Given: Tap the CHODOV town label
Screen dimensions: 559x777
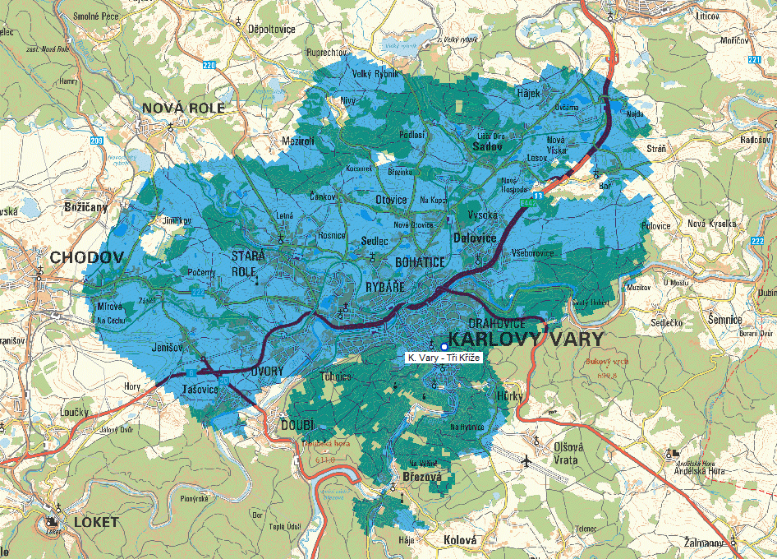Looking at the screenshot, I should [86, 257].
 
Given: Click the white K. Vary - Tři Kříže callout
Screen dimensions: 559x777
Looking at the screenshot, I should [444, 358].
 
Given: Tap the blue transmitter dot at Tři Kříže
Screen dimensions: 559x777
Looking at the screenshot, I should [444, 346].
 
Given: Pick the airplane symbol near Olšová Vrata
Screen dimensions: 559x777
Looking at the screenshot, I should [526, 462].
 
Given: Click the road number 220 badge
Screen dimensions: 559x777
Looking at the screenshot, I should [209, 65].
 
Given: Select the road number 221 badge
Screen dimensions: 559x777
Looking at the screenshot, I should [755, 59].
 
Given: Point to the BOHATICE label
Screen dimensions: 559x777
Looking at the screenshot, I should [420, 262].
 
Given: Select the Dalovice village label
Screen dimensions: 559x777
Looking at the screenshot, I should [475, 238].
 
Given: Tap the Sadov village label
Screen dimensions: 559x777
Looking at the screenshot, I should [487, 146].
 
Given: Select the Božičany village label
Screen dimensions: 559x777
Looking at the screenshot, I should [86, 206].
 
